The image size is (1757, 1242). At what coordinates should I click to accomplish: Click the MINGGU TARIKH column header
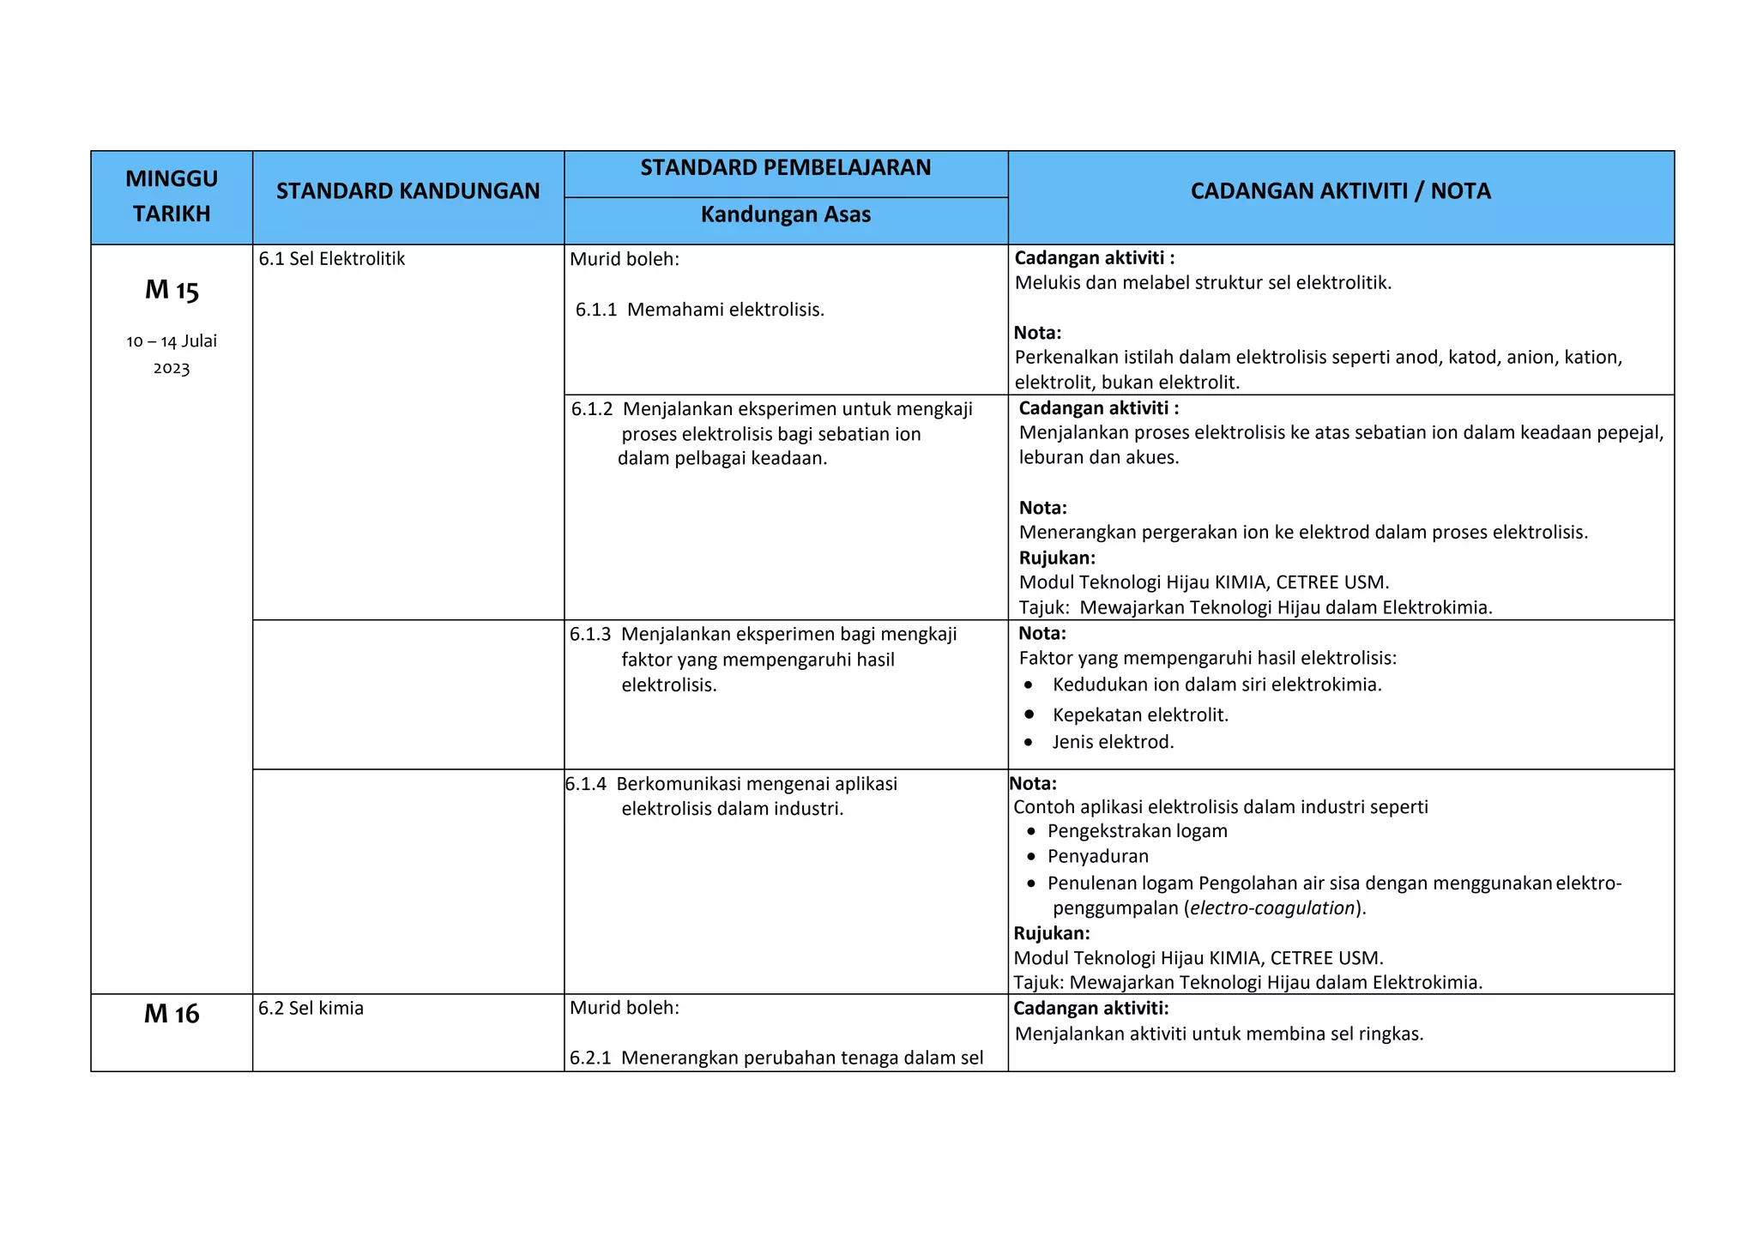(x=172, y=196)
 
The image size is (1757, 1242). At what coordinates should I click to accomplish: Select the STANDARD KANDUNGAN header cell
(x=408, y=191)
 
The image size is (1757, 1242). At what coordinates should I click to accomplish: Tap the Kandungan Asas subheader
(x=785, y=214)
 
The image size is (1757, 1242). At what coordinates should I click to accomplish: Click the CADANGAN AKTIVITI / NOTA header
(x=1340, y=191)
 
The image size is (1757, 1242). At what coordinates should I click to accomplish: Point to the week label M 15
(x=172, y=290)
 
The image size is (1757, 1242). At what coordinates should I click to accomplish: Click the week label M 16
(x=172, y=1014)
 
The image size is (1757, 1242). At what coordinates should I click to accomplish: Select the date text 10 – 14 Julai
(x=172, y=341)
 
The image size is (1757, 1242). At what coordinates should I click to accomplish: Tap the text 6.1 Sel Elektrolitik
(x=331, y=259)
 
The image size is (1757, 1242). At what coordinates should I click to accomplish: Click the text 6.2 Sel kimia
(x=311, y=1008)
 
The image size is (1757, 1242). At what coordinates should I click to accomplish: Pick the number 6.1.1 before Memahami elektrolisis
(x=595, y=310)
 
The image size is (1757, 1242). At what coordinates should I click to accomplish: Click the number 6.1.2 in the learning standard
(x=592, y=409)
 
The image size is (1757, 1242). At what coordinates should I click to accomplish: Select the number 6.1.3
(x=590, y=635)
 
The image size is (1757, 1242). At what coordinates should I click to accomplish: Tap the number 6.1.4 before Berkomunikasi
(x=586, y=784)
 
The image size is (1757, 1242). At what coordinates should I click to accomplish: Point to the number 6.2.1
(x=590, y=1058)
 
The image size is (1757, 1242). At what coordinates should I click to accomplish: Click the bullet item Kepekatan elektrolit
(x=1139, y=715)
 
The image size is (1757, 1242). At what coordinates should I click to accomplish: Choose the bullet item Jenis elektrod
(x=1113, y=742)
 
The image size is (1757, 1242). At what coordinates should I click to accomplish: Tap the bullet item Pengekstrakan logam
(x=1137, y=831)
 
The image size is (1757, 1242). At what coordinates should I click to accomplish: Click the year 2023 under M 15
(x=172, y=369)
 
